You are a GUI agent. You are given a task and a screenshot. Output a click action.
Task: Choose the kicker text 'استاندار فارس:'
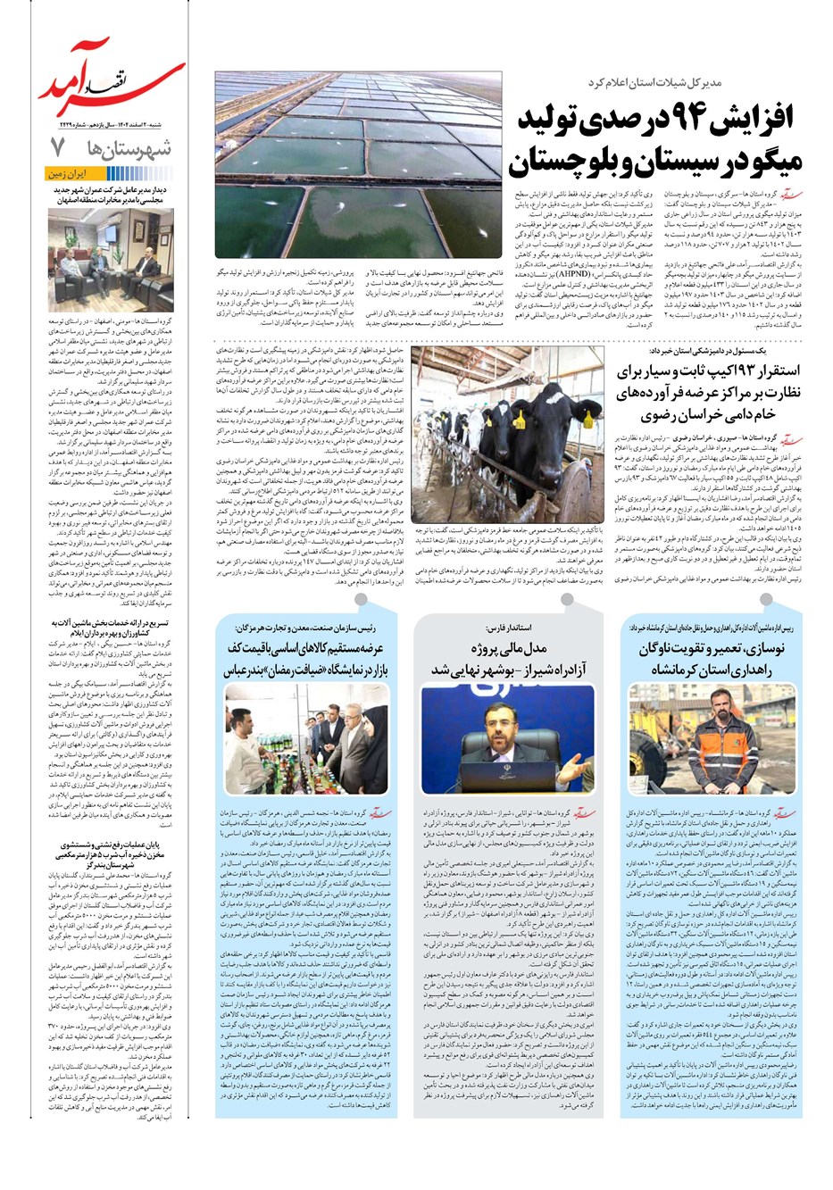508,626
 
